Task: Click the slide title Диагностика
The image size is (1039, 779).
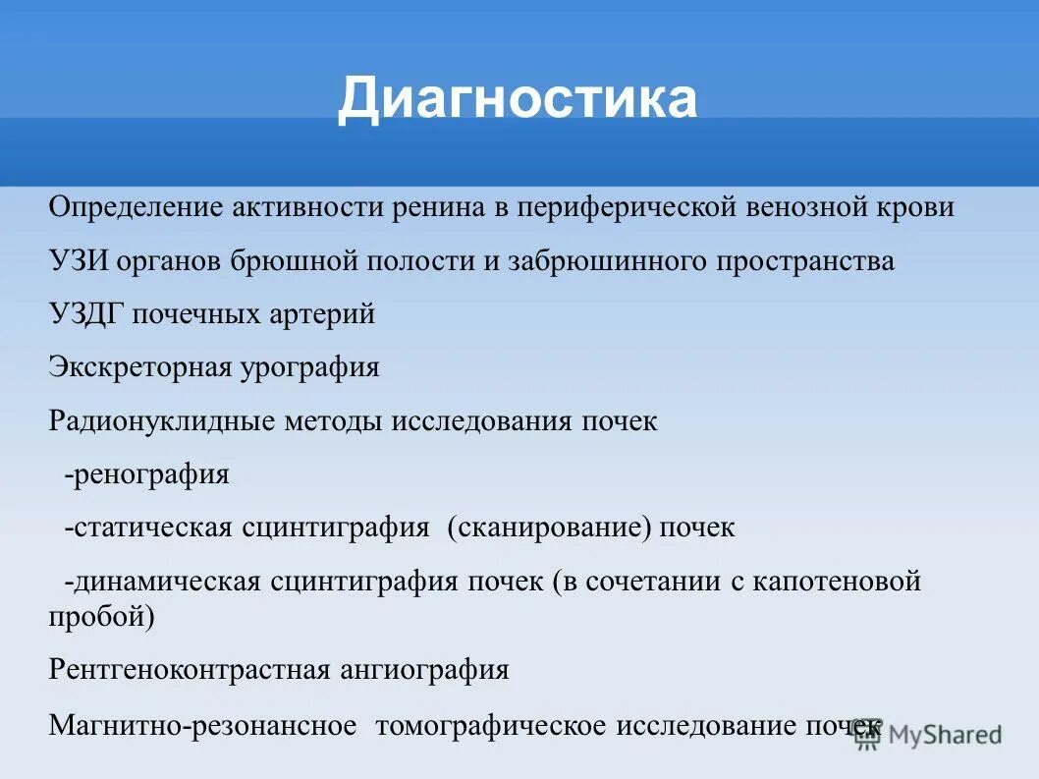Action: [x=518, y=99]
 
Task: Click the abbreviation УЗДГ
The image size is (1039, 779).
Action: [x=86, y=314]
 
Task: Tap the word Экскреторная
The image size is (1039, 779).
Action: [x=139, y=367]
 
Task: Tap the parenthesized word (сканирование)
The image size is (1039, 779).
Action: [x=550, y=528]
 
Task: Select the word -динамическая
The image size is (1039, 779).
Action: [x=162, y=582]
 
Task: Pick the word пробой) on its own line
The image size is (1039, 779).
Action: [x=101, y=617]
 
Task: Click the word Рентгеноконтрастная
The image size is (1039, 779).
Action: [x=188, y=671]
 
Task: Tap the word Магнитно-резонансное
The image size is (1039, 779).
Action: [x=202, y=726]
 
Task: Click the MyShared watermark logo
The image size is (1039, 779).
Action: [x=928, y=735]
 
